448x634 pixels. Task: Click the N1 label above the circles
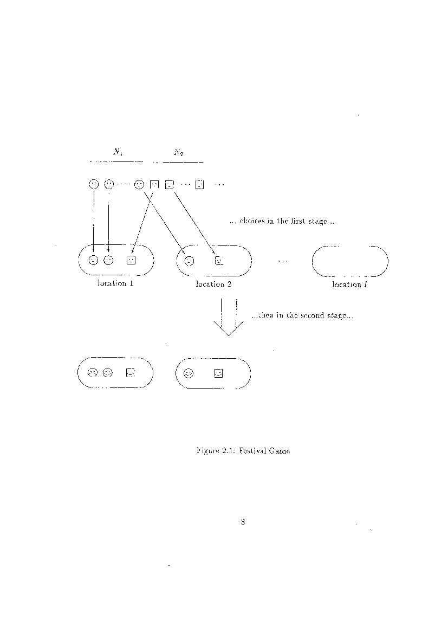coord(118,152)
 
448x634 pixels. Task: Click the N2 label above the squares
coord(179,152)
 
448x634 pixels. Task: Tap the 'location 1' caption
coord(115,283)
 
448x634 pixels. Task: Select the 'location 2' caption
coord(213,284)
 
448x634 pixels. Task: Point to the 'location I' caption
coord(349,284)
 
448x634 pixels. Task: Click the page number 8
coord(243,522)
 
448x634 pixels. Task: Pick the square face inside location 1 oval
coord(131,261)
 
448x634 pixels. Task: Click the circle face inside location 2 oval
coord(189,261)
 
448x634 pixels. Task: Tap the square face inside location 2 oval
coord(219,261)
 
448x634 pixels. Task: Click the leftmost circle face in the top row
coord(93,184)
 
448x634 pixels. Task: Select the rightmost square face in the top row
coord(199,185)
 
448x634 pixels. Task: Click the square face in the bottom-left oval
coord(130,373)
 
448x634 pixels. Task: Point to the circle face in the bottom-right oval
coord(189,373)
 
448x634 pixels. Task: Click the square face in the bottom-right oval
coord(218,373)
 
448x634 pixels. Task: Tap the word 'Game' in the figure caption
coord(280,451)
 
